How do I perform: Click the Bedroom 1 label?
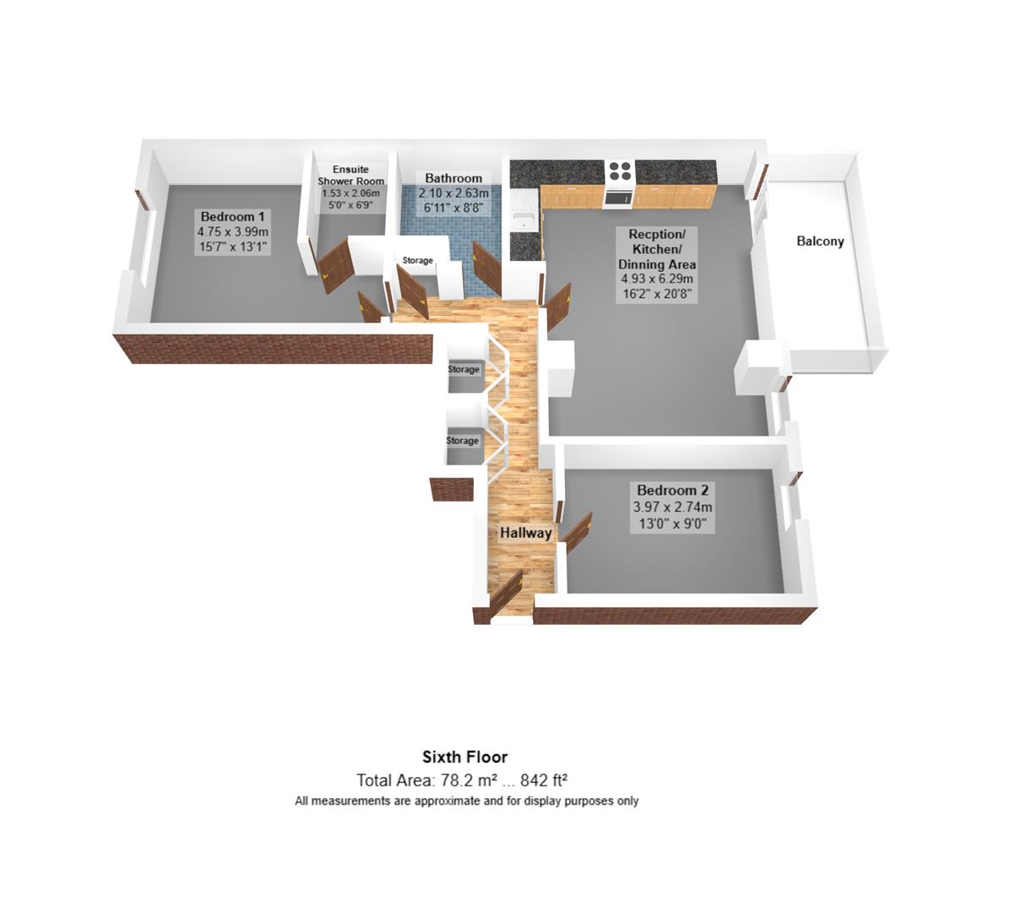232,217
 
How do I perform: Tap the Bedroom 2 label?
672,491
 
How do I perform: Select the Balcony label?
820,242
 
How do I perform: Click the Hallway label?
525,533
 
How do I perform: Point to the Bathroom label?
453,178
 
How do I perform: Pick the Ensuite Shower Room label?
350,176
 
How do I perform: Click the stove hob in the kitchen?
620,171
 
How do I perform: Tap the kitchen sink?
524,221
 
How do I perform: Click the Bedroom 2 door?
578,531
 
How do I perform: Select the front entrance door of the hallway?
507,594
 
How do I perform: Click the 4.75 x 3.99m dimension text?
232,232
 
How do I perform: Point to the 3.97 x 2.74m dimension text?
672,508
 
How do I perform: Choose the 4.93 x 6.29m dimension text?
657,280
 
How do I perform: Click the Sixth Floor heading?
465,757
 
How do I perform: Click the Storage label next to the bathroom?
417,261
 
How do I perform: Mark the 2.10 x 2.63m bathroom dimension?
453,193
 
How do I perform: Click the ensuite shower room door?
335,265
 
